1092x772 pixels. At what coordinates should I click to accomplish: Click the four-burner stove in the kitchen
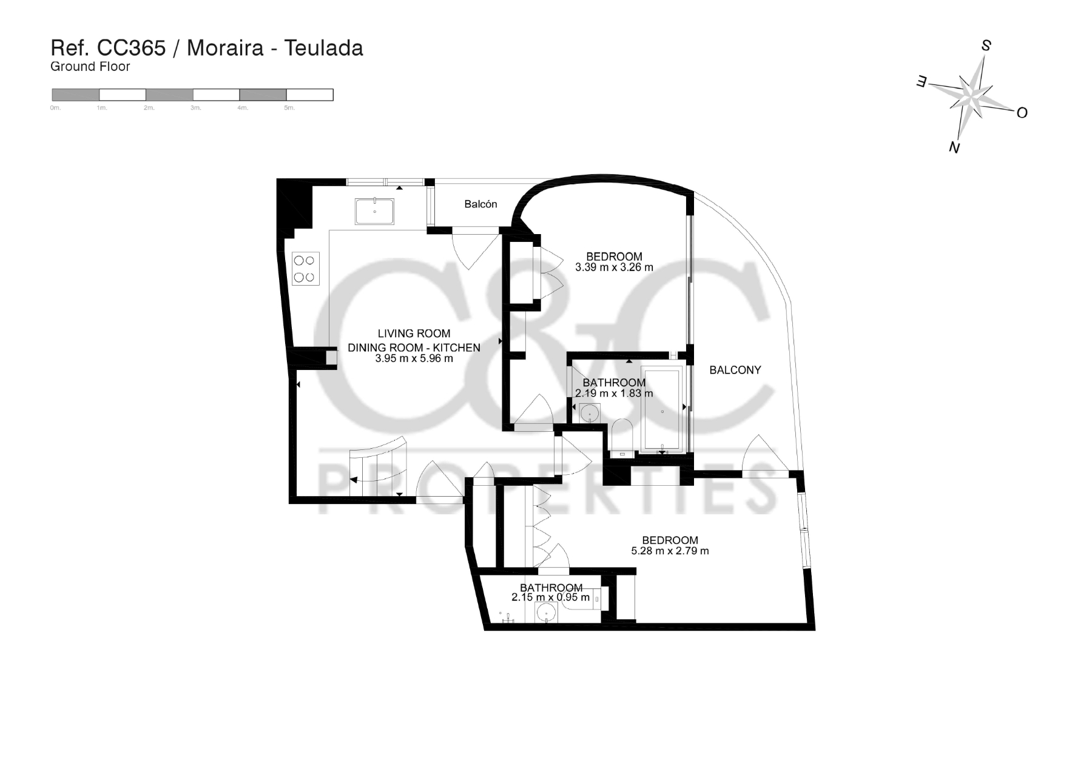[305, 269]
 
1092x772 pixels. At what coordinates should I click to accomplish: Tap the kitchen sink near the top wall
[374, 211]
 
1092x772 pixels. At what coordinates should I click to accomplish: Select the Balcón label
[480, 204]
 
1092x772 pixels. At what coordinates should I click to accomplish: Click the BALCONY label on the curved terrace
[735, 370]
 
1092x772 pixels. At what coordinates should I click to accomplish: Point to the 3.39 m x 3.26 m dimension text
[614, 267]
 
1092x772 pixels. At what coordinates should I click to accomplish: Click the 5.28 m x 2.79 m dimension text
[670, 551]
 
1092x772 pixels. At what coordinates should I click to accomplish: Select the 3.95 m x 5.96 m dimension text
[414, 358]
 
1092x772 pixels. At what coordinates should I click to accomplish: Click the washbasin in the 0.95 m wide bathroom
[548, 613]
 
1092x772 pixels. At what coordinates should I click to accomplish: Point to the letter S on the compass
[986, 45]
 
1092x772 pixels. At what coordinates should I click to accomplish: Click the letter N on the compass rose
[954, 147]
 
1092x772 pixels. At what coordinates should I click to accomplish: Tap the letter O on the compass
[1022, 113]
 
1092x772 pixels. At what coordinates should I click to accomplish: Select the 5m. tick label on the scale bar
[289, 108]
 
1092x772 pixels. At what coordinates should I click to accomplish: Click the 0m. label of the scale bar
[55, 108]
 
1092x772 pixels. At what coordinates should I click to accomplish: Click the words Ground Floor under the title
[90, 67]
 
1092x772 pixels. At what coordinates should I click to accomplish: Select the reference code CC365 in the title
[132, 48]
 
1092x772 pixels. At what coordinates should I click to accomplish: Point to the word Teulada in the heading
[323, 48]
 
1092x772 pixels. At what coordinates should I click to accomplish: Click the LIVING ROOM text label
[414, 334]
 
